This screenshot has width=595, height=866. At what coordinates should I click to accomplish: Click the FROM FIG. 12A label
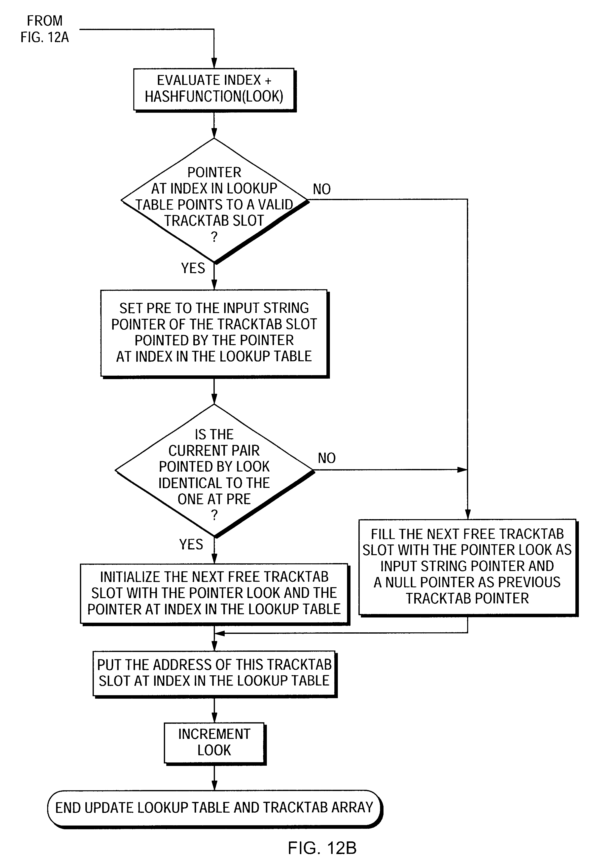coord(44,29)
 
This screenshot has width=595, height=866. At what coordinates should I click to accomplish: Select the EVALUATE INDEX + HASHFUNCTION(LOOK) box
coord(214,89)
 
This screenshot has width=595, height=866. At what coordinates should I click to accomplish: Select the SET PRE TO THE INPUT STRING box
coord(214,332)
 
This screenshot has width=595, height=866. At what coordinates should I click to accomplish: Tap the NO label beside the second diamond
coord(327,458)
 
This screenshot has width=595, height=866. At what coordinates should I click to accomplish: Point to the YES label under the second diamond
coord(191,544)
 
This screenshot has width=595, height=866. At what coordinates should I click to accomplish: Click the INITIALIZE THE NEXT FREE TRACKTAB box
coord(214,593)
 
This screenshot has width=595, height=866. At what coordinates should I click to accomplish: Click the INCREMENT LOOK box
coord(214,742)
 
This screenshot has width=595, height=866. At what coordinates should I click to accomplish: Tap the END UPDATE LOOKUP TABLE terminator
coord(214,807)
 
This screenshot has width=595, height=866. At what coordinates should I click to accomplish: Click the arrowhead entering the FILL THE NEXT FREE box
coord(467,514)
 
